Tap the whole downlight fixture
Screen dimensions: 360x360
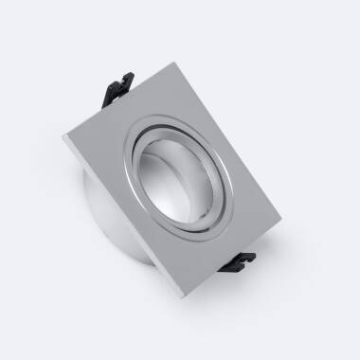click(180, 180)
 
